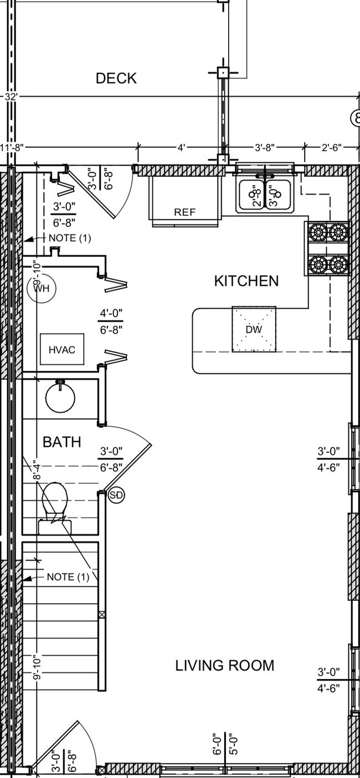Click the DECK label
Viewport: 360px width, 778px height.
[116, 79]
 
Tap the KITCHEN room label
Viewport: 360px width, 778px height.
[246, 281]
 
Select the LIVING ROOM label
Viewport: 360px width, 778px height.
[225, 666]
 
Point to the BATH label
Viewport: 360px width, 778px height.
[62, 442]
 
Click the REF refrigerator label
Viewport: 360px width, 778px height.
[184, 212]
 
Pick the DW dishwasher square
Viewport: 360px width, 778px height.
[254, 329]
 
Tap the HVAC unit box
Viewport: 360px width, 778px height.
[62, 350]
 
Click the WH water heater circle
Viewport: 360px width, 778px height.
[42, 288]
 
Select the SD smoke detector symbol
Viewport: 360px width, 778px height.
[116, 495]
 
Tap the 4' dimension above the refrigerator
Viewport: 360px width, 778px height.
[182, 148]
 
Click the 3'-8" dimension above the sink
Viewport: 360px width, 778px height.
[265, 148]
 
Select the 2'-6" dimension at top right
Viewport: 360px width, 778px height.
[332, 148]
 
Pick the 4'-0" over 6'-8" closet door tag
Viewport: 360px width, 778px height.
[111, 321]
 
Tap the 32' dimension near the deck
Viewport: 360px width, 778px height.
[11, 97]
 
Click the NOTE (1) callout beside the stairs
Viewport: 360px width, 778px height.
[68, 577]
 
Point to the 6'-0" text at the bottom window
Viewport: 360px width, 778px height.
[217, 744]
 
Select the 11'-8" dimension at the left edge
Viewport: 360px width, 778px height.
[12, 148]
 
